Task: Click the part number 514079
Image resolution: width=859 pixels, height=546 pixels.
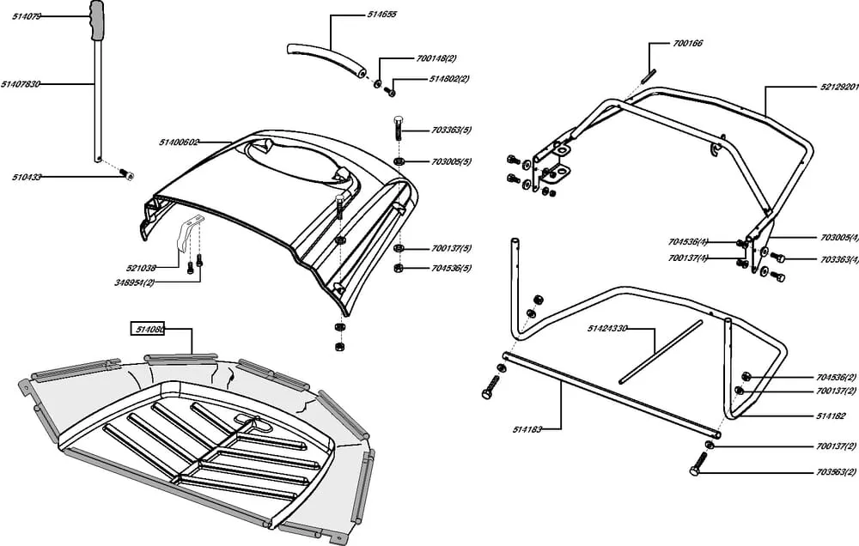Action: tap(27, 16)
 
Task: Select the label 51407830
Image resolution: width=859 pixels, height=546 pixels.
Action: tap(21, 84)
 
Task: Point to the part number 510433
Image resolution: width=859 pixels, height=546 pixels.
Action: tap(27, 177)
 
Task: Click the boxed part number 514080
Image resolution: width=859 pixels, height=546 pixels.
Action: tap(147, 329)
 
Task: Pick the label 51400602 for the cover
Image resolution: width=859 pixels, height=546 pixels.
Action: tap(179, 143)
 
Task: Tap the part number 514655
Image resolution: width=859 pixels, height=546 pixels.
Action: tap(381, 15)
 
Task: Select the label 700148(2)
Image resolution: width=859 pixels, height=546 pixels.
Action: tap(436, 58)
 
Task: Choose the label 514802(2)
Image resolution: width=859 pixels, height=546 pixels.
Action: tap(449, 79)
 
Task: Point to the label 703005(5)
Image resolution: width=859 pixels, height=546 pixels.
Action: tap(452, 161)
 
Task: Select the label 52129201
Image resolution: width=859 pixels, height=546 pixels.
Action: tap(838, 87)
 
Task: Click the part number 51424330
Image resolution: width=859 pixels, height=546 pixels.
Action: tap(608, 328)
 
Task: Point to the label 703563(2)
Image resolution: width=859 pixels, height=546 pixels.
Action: tap(837, 473)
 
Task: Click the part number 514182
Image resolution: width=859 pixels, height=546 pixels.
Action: tap(831, 416)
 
